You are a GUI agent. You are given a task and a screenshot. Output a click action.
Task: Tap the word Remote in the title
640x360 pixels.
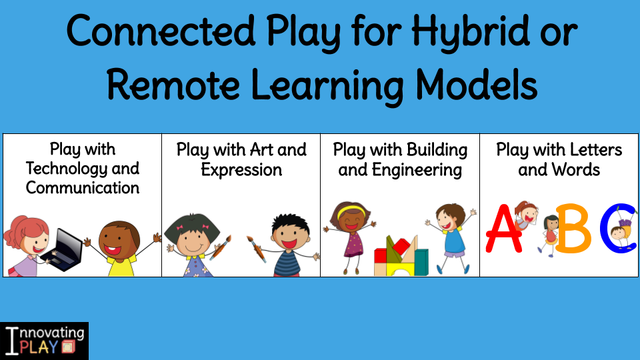[x=173, y=85]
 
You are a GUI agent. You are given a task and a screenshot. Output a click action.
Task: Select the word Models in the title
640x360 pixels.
[x=476, y=85]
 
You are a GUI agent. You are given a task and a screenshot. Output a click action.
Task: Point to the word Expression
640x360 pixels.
[x=241, y=170]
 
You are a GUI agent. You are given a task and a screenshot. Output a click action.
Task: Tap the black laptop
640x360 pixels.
[x=63, y=250]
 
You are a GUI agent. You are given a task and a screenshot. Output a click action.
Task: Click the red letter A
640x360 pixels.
[x=504, y=229]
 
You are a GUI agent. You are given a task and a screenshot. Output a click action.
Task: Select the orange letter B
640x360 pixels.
[x=573, y=229]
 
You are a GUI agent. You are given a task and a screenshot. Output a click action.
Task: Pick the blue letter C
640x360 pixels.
[x=618, y=229]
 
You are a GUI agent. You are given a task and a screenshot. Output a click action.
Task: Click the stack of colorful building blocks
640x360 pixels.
[x=401, y=256]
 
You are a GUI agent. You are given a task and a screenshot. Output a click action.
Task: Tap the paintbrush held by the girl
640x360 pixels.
[x=221, y=247]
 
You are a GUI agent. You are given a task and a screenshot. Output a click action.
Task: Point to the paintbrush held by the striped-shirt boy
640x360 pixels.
[x=257, y=249]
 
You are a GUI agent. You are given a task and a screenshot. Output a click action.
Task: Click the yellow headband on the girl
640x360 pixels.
[x=351, y=210]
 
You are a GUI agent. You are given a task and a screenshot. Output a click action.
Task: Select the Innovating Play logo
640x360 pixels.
[x=44, y=341]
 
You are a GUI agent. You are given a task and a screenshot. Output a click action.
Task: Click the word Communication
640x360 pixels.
[x=83, y=188]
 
